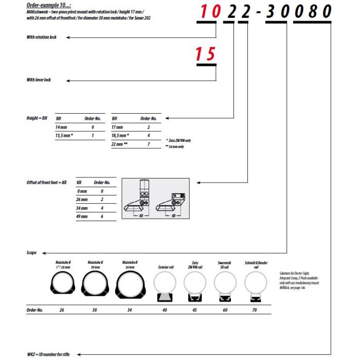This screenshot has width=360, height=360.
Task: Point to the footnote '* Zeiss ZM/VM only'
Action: pyautogui.click(x=179, y=140)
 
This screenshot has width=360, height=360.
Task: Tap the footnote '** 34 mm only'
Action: pyautogui.click(x=175, y=147)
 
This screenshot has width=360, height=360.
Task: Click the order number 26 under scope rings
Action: pyautogui.click(x=62, y=311)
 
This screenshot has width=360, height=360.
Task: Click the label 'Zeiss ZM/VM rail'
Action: pyautogui.click(x=195, y=264)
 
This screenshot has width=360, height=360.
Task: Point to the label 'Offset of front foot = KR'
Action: pyautogui.click(x=47, y=183)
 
